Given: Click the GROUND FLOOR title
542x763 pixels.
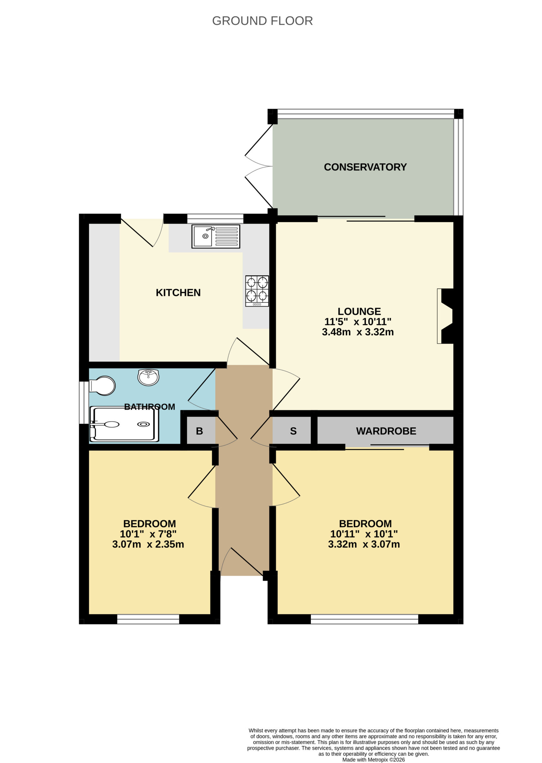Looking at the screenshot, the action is coord(262,21).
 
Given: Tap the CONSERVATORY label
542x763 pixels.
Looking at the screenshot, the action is coord(365,167).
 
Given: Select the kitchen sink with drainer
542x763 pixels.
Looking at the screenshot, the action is coord(216,236).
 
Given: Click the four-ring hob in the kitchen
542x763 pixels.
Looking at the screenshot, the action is coord(257,291).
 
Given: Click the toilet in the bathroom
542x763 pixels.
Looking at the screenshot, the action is coord(102,386).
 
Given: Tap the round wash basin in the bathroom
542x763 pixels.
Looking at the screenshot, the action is coord(148,377).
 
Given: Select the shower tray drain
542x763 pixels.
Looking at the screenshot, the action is coord(144,424).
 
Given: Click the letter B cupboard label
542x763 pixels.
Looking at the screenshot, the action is coord(200,431).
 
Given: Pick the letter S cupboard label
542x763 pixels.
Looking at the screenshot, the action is coord(293,431).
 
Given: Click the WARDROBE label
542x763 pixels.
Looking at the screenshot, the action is coord(386,431).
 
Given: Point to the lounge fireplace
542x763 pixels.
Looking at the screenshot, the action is coord(445,316).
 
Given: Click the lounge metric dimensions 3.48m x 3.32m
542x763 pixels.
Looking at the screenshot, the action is coord(358,332).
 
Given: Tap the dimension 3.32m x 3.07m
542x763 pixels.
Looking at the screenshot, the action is coord(364,544).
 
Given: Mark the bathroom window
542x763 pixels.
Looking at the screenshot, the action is coord(84,402).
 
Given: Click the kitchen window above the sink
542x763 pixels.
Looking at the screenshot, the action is coord(215,218).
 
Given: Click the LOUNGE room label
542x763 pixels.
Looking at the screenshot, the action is coord(359,311).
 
